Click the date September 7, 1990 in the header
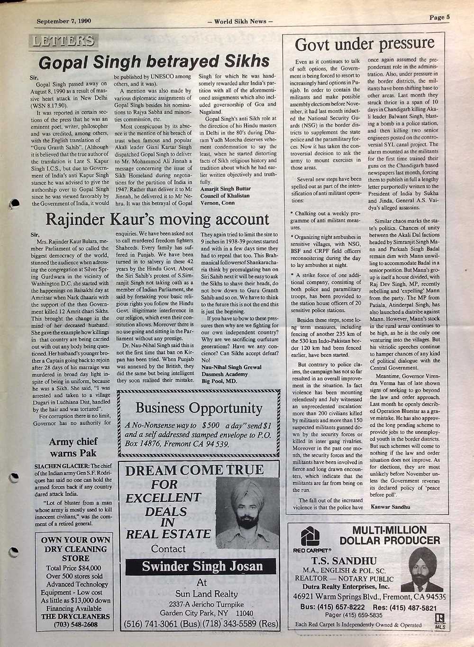point(64,21)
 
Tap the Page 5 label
point(439,18)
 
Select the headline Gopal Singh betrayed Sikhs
point(154,61)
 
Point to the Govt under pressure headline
point(364,44)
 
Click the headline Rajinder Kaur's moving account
point(157,219)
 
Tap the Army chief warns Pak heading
point(73,447)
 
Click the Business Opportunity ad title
point(199,408)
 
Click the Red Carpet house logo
point(310,537)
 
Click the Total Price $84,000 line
point(74,568)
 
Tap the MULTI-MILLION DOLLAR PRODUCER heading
point(390,535)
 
